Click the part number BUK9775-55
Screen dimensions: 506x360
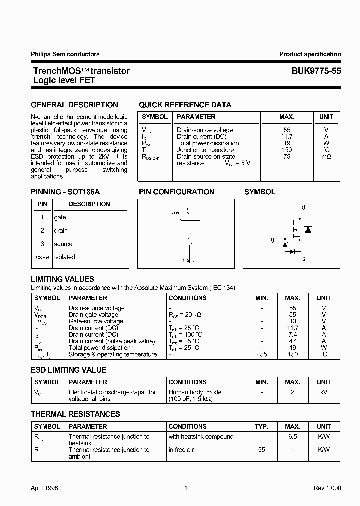pyautogui.click(x=316, y=71)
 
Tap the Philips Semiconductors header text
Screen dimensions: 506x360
pyautogui.click(x=65, y=54)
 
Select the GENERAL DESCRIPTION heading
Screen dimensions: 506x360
pyautogui.click(x=75, y=105)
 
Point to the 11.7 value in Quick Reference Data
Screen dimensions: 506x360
pyautogui.click(x=287, y=136)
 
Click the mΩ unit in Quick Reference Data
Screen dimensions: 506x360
pyautogui.click(x=326, y=156)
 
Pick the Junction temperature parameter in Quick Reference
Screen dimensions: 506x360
pyautogui.click(x=205, y=150)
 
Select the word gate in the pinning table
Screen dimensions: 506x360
pyautogui.click(x=60, y=217)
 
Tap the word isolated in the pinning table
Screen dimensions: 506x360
pyautogui.click(x=64, y=257)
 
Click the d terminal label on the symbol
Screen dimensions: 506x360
pyautogui.click(x=303, y=207)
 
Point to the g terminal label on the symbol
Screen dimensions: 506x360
pyautogui.click(x=273, y=240)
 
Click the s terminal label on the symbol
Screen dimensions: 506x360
pyautogui.click(x=304, y=259)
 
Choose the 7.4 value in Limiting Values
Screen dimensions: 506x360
pyautogui.click(x=293, y=334)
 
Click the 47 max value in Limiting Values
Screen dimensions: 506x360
pyautogui.click(x=293, y=341)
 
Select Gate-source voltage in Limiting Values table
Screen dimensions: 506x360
pyautogui.click(x=96, y=321)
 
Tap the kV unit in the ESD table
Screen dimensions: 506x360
pyautogui.click(x=324, y=392)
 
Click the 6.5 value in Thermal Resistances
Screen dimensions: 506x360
pyautogui.click(x=293, y=436)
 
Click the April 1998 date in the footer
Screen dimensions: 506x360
pyautogui.click(x=45, y=488)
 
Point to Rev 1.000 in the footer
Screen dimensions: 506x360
pyautogui.click(x=327, y=488)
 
